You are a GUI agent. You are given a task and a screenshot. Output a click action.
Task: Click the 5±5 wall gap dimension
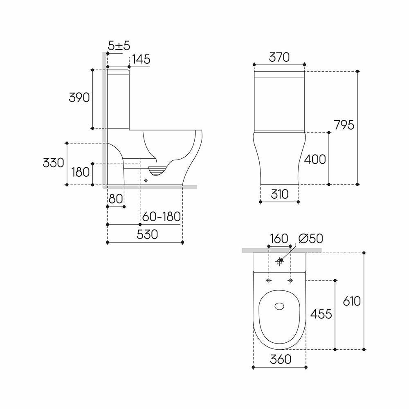119,46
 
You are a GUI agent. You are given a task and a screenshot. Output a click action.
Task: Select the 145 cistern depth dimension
141,59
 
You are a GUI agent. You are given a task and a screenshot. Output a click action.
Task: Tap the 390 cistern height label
79,98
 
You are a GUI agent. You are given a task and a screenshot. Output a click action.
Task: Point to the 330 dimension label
53,163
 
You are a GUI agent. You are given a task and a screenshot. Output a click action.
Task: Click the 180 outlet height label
81,172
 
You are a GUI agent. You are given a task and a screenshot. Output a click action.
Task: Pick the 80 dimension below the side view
116,199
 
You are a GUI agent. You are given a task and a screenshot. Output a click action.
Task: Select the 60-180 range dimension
162,216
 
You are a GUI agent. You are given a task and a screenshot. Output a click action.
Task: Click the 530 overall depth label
147,234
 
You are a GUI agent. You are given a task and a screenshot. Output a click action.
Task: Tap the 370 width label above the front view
279,57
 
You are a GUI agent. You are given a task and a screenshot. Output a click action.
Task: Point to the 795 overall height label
344,125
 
